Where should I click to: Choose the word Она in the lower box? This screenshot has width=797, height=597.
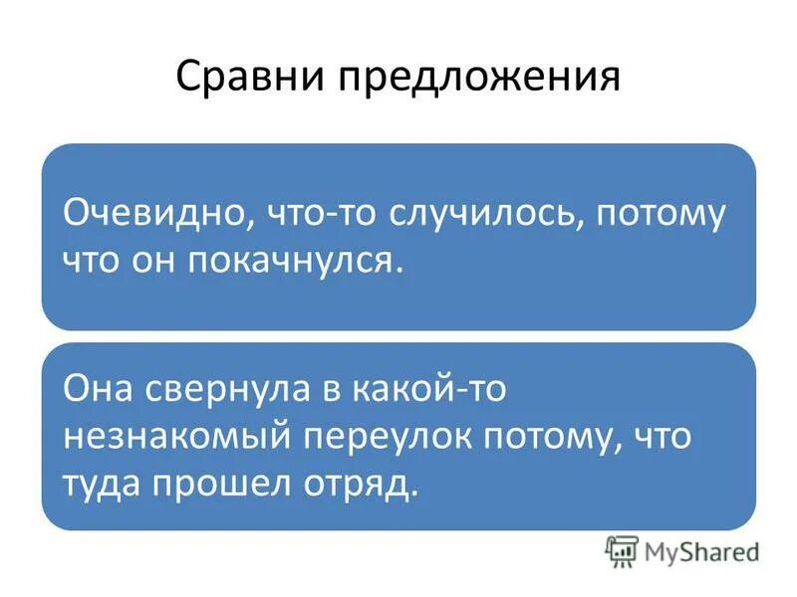pyautogui.click(x=98, y=388)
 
